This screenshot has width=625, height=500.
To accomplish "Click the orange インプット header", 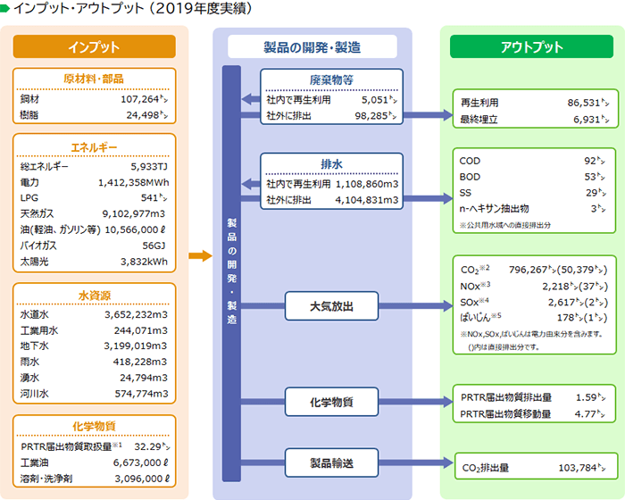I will (x=94, y=46).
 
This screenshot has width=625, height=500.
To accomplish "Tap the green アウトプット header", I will (x=531, y=46).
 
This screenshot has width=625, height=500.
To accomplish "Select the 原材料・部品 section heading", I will (x=94, y=79).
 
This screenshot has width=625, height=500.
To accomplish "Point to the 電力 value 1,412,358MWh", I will (x=134, y=182).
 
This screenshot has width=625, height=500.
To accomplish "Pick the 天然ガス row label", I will (x=37, y=214).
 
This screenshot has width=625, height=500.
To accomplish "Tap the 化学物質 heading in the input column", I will (x=94, y=425).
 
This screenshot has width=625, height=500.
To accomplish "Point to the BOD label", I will (x=470, y=177).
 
